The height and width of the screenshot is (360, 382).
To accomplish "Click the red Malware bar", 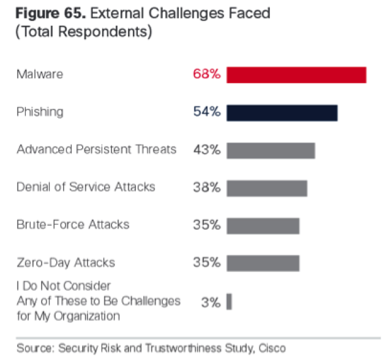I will click(x=296, y=75).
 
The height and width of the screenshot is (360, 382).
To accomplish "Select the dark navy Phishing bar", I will click(x=282, y=113).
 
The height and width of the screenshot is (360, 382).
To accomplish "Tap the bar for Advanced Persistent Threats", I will click(x=271, y=150).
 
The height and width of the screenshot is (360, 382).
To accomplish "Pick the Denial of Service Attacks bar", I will click(x=267, y=187).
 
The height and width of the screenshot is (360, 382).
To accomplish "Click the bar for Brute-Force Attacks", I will click(x=263, y=225).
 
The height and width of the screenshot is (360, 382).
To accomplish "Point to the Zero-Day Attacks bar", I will click(x=263, y=263).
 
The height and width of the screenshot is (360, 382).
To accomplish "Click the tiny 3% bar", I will click(x=229, y=301).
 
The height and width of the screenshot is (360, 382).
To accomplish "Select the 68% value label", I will click(x=206, y=75).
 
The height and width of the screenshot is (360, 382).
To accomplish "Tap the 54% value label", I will click(x=206, y=113).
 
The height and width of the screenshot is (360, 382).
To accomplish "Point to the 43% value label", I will click(x=206, y=150).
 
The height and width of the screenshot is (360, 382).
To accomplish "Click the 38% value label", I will click(x=206, y=187).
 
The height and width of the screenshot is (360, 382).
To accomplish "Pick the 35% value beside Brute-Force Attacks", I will click(x=206, y=225).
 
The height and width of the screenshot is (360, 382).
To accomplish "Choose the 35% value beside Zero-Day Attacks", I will click(x=206, y=263).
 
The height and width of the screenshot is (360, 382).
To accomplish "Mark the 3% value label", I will click(x=210, y=301).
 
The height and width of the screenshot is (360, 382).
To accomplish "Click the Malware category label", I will click(x=40, y=75).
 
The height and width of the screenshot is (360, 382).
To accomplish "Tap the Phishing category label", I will click(x=40, y=113).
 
